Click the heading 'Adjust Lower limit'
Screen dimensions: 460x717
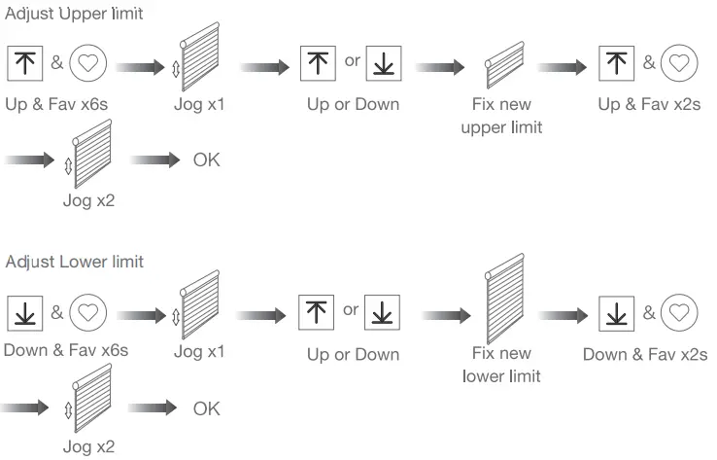tap(74, 262)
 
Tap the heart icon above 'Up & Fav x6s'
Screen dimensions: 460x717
tap(88, 64)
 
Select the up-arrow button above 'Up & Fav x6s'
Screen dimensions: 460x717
tap(24, 64)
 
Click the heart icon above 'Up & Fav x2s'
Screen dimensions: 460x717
tap(679, 64)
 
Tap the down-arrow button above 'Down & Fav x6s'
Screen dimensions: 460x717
tap(24, 314)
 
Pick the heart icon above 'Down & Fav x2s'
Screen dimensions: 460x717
tap(679, 314)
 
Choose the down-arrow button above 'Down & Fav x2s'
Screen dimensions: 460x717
tap(615, 314)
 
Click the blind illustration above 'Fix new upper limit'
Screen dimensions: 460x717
tap(504, 66)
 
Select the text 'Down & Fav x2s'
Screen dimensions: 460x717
tap(645, 353)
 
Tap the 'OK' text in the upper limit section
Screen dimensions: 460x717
tap(206, 159)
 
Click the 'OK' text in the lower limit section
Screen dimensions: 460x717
tap(206, 408)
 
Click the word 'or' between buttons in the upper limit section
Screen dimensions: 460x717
tap(352, 61)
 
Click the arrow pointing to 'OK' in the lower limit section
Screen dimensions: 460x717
tap(152, 408)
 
